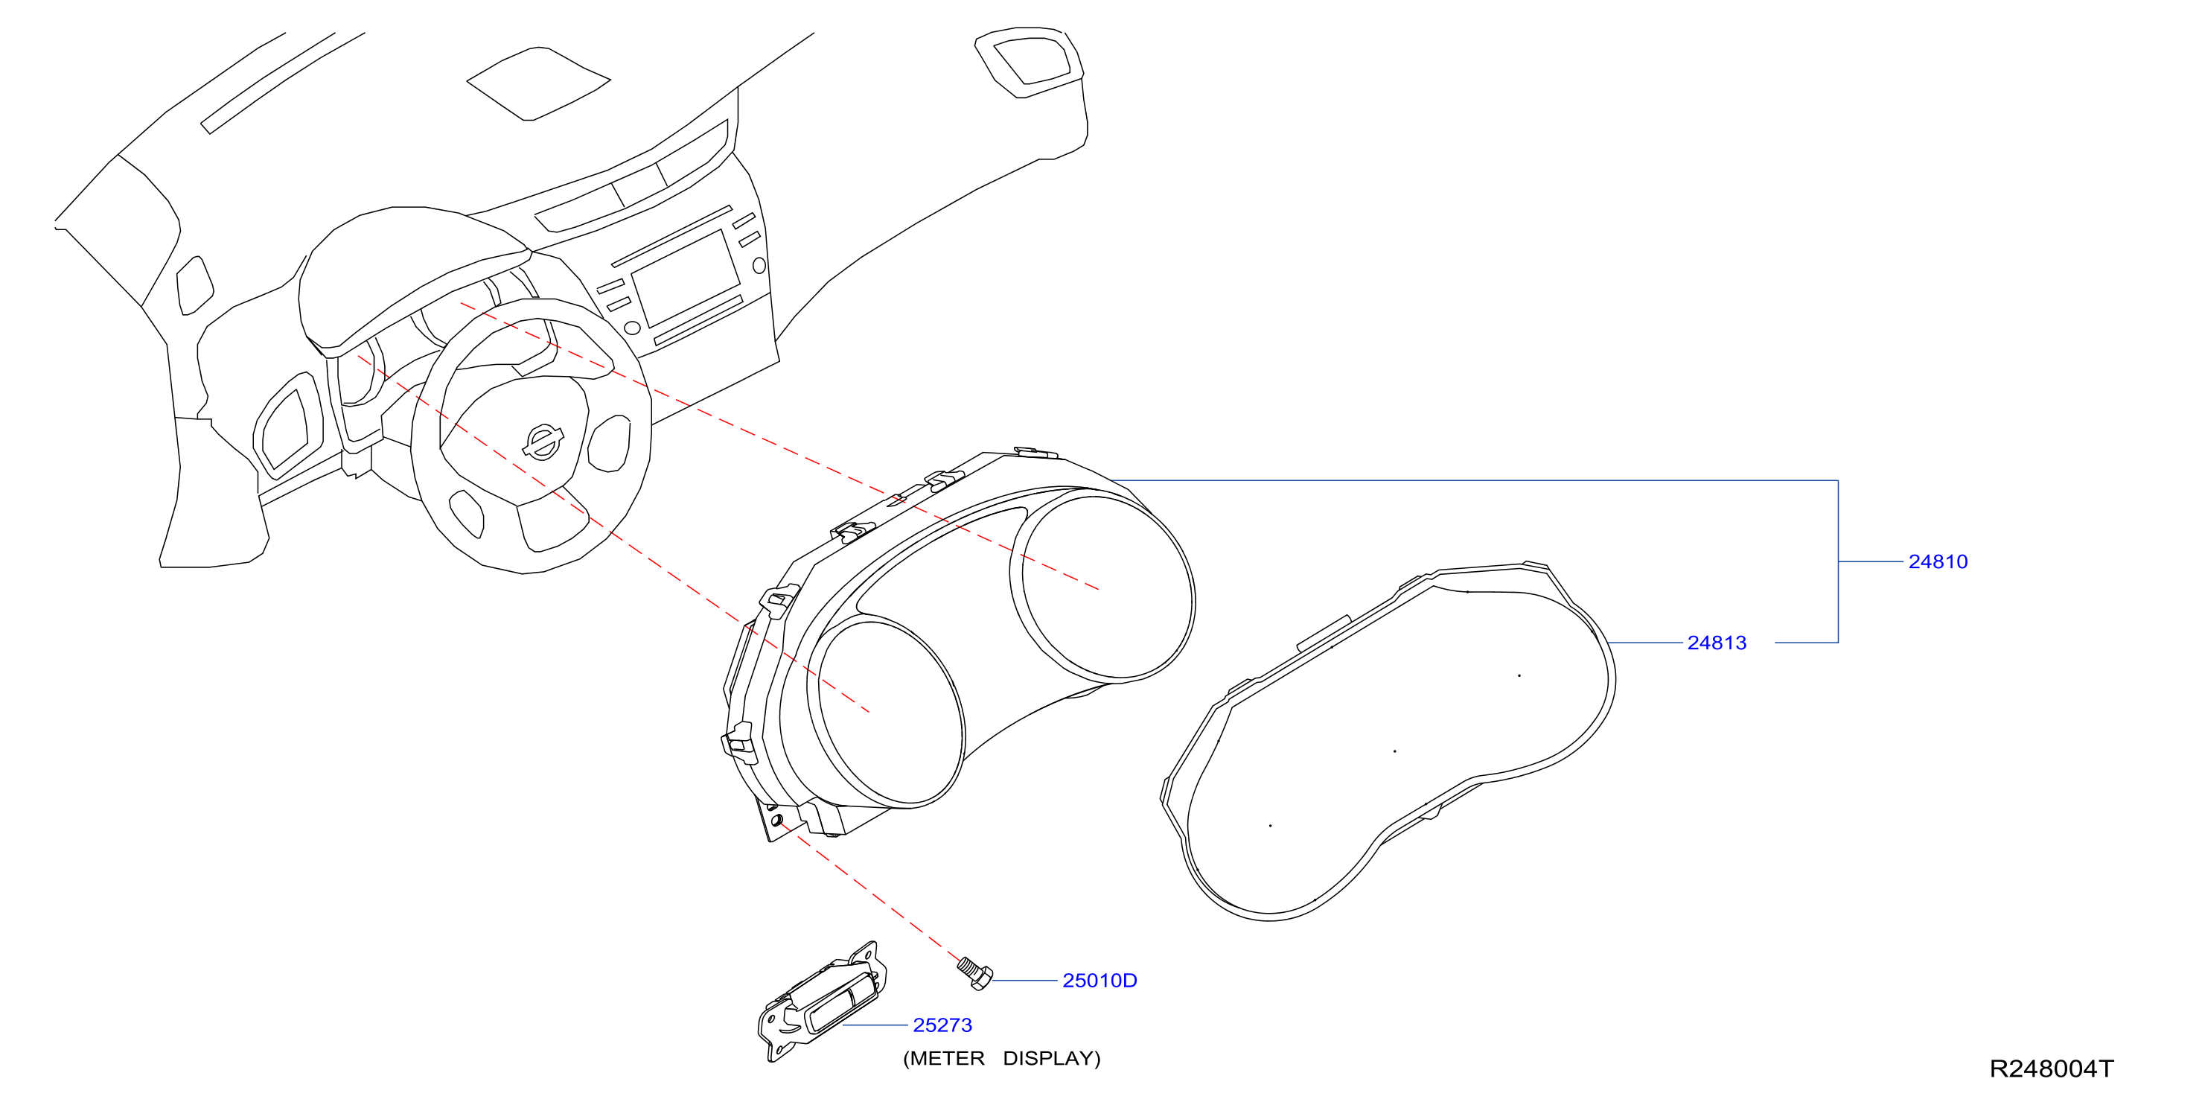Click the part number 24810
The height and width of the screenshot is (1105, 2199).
click(x=1938, y=562)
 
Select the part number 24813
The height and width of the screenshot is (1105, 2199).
click(x=1717, y=643)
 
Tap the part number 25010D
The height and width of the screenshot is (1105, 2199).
click(x=1099, y=981)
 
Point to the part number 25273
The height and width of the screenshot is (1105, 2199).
click(x=942, y=1025)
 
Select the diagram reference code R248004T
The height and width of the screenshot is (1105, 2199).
click(x=2052, y=1069)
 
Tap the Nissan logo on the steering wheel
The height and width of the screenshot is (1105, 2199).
click(x=542, y=442)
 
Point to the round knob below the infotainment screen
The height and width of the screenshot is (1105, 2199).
click(x=633, y=327)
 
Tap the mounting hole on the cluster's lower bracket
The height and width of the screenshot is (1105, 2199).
click(x=777, y=821)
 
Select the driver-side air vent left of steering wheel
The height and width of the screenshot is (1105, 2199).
click(x=289, y=424)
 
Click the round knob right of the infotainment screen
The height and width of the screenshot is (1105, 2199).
click(x=759, y=266)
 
